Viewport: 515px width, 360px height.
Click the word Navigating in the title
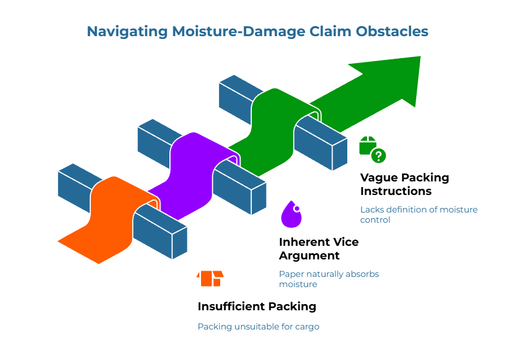[127, 32]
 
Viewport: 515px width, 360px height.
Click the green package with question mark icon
[372, 149]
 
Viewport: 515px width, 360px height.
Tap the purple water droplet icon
[291, 214]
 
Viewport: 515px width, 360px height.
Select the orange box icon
[210, 278]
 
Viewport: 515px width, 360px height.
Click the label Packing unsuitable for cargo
[258, 327]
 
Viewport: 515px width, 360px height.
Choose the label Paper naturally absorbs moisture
[329, 279]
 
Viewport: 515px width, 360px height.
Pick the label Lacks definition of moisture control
[418, 214]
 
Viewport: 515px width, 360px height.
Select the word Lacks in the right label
[371, 210]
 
